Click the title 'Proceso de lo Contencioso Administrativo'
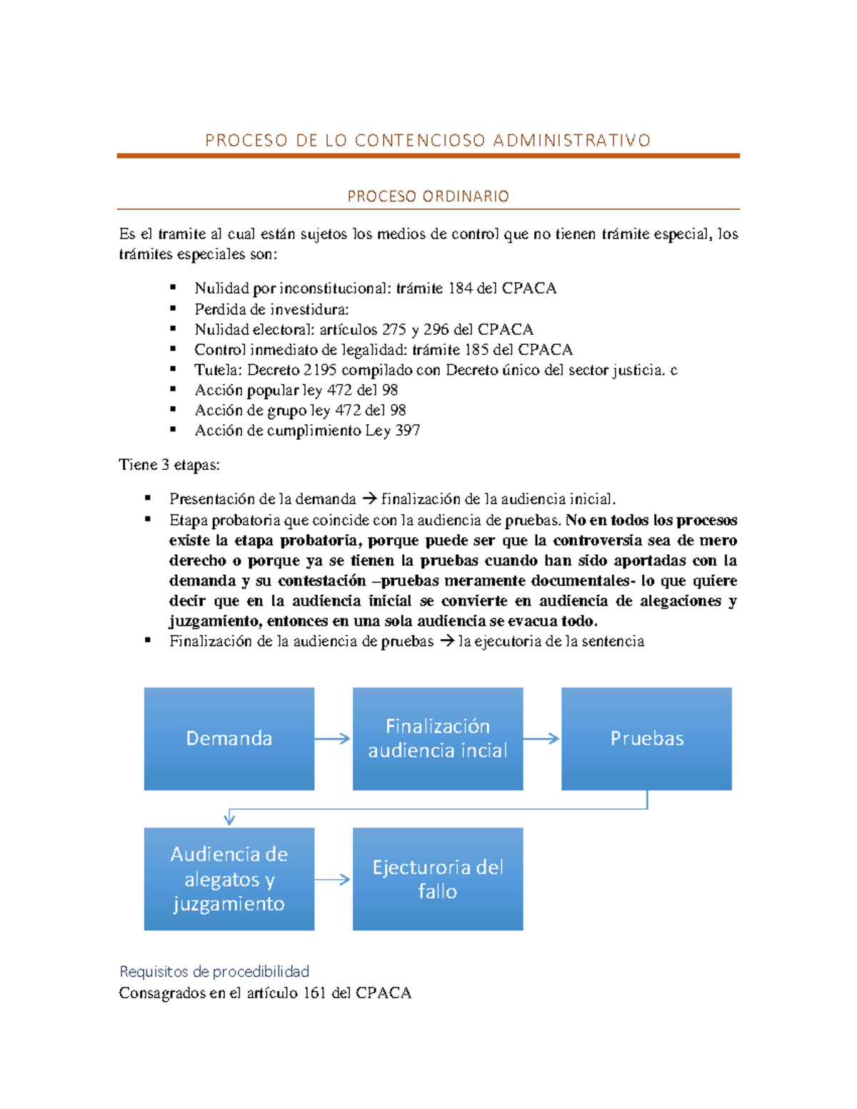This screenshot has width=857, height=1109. pyautogui.click(x=428, y=140)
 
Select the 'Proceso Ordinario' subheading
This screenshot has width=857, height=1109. pyautogui.click(x=428, y=196)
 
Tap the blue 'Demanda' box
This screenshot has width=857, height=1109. pyautogui.click(x=229, y=738)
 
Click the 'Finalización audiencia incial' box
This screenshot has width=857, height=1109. pyautogui.click(x=437, y=738)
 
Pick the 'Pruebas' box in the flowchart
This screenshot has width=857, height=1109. pyautogui.click(x=646, y=738)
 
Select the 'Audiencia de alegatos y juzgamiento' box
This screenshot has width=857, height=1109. pyautogui.click(x=229, y=878)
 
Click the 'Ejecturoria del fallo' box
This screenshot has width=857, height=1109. pyautogui.click(x=437, y=878)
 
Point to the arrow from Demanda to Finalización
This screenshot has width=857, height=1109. pyautogui.click(x=333, y=738)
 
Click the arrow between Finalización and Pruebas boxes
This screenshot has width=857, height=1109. pyautogui.click(x=541, y=738)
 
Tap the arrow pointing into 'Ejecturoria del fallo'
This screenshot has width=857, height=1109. pyautogui.click(x=333, y=879)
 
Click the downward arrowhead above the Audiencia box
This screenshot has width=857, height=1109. pyautogui.click(x=229, y=819)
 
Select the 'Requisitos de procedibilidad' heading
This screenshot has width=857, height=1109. pyautogui.click(x=214, y=971)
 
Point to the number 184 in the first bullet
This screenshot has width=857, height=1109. pyautogui.click(x=461, y=288)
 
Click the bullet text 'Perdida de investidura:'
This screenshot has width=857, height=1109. pyautogui.click(x=271, y=309)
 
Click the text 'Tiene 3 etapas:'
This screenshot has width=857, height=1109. pyautogui.click(x=169, y=465)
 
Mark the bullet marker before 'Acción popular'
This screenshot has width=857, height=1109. pyautogui.click(x=173, y=389)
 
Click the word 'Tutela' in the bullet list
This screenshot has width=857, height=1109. pyautogui.click(x=217, y=370)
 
